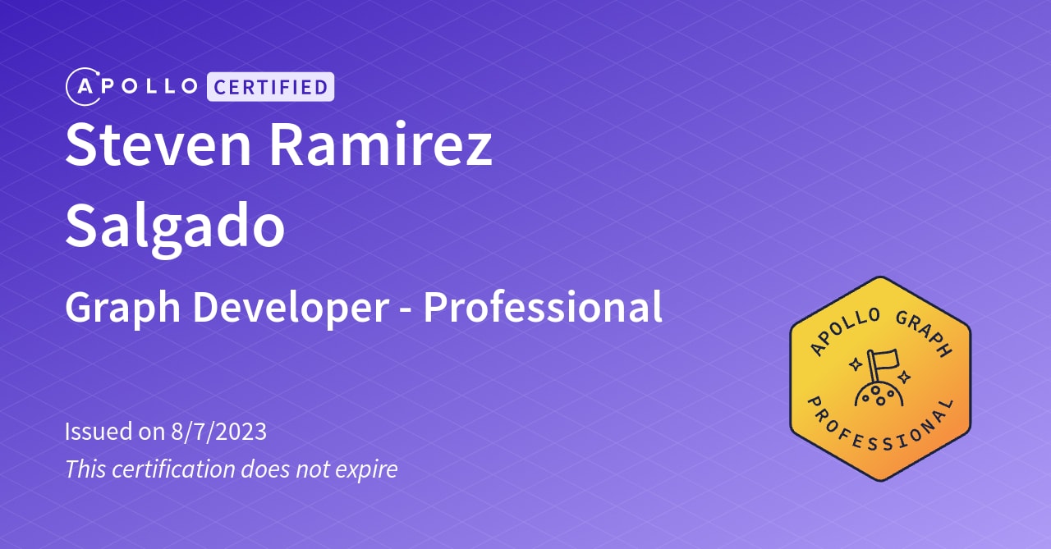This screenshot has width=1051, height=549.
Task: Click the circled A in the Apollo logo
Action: pyautogui.click(x=83, y=87)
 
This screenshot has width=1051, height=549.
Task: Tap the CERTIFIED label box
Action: pyautogui.click(x=270, y=86)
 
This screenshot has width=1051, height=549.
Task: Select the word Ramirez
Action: pyautogui.click(x=381, y=144)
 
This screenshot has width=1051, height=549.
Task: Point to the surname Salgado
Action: pyautogui.click(x=175, y=227)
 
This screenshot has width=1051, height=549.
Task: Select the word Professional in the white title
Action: pyautogui.click(x=543, y=308)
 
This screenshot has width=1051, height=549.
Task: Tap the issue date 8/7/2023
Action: pyautogui.click(x=218, y=431)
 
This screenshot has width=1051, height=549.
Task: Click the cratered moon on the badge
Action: pyautogui.click(x=879, y=395)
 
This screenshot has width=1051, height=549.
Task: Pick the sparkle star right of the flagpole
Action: pyautogui.click(x=904, y=377)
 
